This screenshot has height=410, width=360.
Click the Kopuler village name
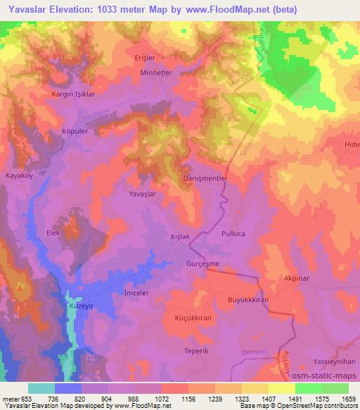tap(75, 132)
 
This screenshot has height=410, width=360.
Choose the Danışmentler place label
tap(205, 179)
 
